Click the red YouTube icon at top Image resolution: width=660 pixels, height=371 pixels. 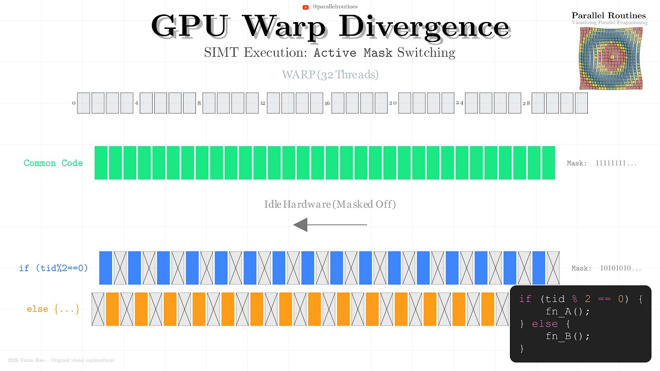tap(306, 7)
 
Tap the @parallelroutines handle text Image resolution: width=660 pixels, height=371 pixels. tap(335, 7)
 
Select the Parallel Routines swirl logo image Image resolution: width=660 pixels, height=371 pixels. tap(610, 58)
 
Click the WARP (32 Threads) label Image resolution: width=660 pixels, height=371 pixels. tap(330, 75)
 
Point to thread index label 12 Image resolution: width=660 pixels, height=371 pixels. tap(262, 103)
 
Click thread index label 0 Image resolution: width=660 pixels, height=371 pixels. tap(74, 103)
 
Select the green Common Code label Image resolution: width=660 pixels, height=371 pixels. tap(53, 163)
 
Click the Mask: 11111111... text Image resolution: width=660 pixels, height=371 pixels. tap(602, 163)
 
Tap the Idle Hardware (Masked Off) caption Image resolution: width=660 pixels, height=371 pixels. tap(330, 204)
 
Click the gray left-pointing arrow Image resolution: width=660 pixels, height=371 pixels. tap(329, 225)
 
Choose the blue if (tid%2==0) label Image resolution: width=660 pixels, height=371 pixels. tap(53, 268)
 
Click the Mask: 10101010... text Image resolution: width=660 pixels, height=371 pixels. tap(606, 268)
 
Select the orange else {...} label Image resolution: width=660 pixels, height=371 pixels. tap(53, 309)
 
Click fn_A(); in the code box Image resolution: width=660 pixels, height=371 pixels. tap(567, 312)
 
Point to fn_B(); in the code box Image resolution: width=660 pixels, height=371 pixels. tap(567, 336)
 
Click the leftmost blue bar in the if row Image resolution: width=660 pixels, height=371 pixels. tap(106, 268)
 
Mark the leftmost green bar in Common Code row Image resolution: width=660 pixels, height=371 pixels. tap(101, 163)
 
